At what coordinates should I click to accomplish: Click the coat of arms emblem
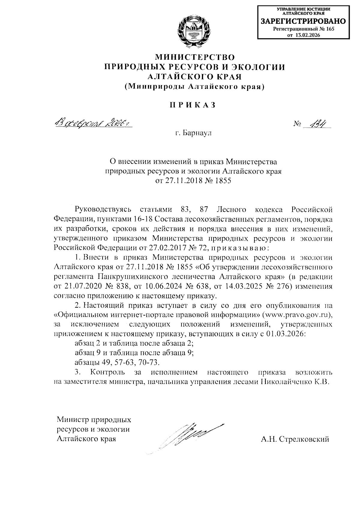194,32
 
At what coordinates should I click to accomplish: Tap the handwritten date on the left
92,123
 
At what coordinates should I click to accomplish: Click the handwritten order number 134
316,123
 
